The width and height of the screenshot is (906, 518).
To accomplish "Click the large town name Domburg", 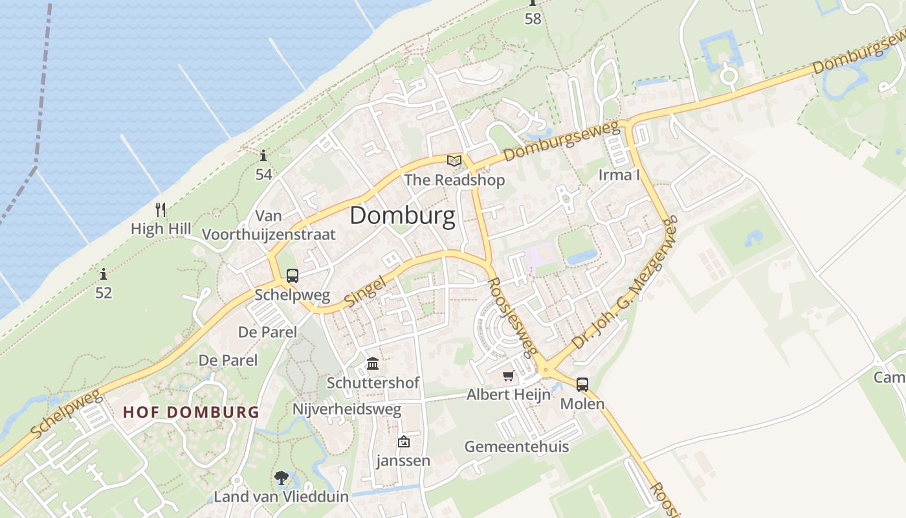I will (402, 216).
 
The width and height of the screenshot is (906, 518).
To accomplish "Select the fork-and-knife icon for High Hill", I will (160, 210).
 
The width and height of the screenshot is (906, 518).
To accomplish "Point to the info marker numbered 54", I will (263, 156).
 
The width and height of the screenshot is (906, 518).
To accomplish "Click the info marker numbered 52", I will (104, 274).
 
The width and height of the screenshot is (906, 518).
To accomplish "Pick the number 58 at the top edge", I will (533, 19).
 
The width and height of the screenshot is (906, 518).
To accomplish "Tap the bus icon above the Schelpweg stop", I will (293, 276).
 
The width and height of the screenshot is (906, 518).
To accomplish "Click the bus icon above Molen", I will (582, 385).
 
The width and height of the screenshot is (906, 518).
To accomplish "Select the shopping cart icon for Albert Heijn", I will (509, 376).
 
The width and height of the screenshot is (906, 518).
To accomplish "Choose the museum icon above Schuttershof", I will (373, 363).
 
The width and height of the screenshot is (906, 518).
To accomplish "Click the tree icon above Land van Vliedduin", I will (281, 478).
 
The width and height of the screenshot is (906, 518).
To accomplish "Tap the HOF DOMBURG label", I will (191, 412).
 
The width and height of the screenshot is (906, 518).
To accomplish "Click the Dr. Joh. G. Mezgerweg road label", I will (625, 282).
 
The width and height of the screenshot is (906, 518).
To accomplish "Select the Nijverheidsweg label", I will (347, 409).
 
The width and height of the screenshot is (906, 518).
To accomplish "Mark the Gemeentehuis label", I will (516, 446).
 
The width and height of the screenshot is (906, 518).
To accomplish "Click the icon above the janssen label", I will (404, 442).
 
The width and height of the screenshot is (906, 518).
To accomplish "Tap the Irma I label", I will (619, 175).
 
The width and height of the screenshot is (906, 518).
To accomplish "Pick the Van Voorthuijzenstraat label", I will (269, 225).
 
